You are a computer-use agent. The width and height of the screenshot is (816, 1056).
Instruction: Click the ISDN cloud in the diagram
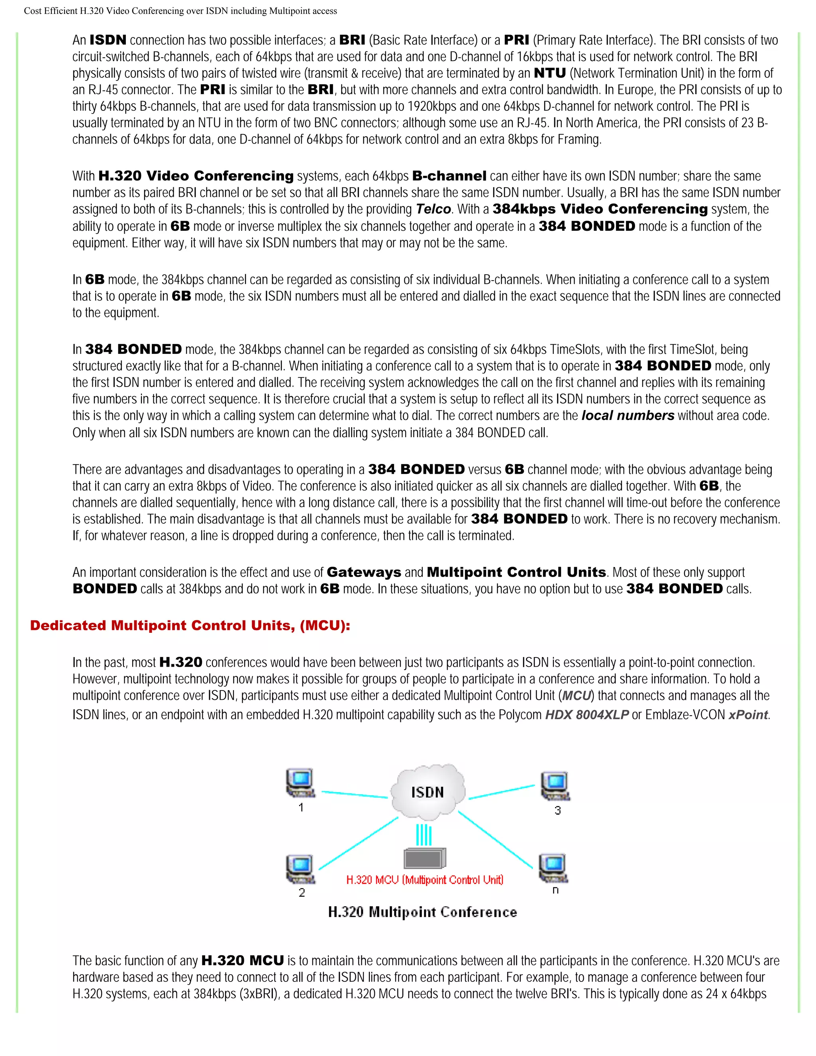point(428,791)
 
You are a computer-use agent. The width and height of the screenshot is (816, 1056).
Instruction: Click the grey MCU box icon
point(424,858)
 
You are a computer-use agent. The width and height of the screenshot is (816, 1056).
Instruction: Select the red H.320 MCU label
point(424,880)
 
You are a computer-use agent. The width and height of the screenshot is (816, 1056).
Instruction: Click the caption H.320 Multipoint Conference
point(422,912)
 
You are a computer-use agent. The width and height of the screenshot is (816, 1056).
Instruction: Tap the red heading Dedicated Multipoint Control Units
point(190,626)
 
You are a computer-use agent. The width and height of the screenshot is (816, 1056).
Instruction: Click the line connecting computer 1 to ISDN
point(354,794)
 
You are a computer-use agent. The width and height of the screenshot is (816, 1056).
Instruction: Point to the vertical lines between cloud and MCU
point(424,835)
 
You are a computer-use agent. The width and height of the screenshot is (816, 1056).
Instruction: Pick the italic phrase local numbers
point(628,416)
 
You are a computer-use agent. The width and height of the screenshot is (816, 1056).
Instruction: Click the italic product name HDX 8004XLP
point(586,714)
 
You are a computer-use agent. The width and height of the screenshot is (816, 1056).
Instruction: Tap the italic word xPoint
point(748,714)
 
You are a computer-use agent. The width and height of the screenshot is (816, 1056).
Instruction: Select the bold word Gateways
point(363,573)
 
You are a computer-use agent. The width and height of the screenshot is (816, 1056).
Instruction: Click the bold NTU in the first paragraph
point(549,73)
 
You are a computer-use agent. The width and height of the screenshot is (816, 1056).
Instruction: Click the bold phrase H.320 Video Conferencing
point(196,176)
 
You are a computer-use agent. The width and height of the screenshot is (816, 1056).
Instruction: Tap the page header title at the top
point(180,11)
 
